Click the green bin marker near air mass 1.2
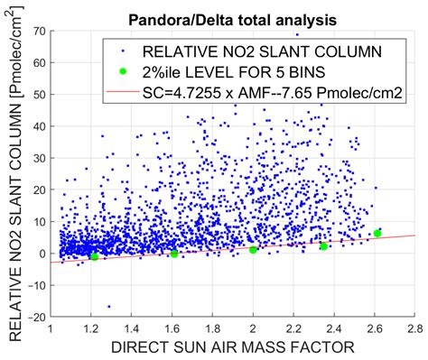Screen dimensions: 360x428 point(94,256)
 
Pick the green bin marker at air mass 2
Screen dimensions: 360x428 point(254,249)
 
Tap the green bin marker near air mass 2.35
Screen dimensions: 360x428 point(323,245)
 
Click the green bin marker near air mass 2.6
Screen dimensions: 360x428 point(377,234)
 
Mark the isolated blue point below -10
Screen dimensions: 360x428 point(108,306)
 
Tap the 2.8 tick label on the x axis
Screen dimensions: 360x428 point(414,329)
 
